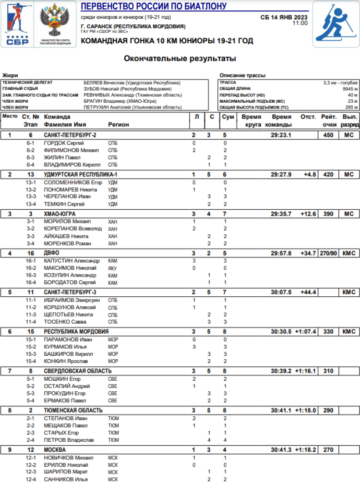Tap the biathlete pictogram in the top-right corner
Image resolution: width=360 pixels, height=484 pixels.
[x=336, y=24]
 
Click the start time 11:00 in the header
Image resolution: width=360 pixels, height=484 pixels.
[x=300, y=23]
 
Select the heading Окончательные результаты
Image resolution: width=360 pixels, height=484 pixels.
[x=180, y=59]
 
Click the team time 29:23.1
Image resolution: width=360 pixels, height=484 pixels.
[x=281, y=135]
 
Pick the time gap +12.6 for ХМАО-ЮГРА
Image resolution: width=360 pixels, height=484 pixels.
[x=308, y=214]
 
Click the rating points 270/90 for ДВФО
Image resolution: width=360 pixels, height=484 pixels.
[x=329, y=253]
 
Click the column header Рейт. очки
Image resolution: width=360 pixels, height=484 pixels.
[x=329, y=121]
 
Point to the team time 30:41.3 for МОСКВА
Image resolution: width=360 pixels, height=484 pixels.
[x=281, y=449]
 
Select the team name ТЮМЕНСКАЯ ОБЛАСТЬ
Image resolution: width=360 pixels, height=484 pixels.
[x=73, y=410]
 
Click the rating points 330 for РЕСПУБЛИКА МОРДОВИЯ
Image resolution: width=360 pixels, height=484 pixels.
[x=328, y=331]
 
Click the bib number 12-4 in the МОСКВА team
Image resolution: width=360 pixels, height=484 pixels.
[x=31, y=479]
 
